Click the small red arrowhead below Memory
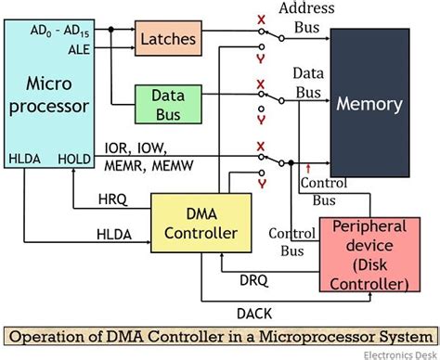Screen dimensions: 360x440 (x=307, y=168)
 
